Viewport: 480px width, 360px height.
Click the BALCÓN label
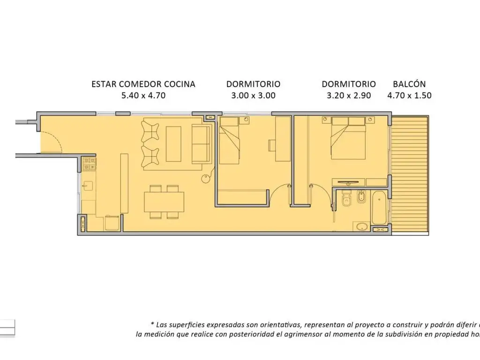[x=409, y=84]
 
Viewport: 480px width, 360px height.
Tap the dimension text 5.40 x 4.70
[x=143, y=96]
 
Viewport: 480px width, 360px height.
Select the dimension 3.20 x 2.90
[x=349, y=96]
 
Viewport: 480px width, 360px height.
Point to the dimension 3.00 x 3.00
[x=253, y=96]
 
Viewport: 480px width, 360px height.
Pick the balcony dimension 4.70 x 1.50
[x=409, y=96]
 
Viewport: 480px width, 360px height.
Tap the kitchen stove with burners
[x=89, y=164]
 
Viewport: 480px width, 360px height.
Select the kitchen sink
[x=88, y=186]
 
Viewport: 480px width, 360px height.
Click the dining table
[x=164, y=202]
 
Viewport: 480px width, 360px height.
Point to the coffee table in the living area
[x=173, y=144]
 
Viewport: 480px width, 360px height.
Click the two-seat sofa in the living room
[x=201, y=144]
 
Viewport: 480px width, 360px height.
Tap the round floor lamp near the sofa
[x=206, y=179]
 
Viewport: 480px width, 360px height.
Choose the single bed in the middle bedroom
[x=229, y=141]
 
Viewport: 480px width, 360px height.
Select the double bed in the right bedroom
[x=348, y=138]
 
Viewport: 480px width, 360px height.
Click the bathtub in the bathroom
[x=379, y=207]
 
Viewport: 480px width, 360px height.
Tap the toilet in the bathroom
[x=346, y=198]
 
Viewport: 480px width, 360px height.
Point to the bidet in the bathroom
[x=361, y=197]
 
